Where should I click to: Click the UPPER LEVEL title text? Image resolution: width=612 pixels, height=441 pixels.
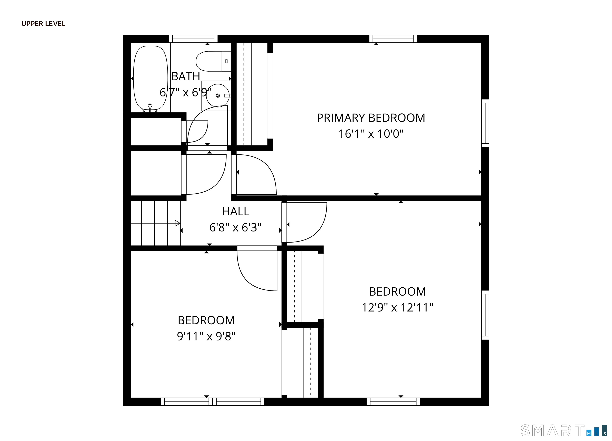[43, 24]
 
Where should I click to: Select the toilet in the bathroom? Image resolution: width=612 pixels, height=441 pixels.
[213, 61]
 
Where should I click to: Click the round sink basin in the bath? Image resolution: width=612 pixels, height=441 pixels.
[218, 95]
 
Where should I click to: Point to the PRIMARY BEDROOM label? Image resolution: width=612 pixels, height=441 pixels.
[371, 118]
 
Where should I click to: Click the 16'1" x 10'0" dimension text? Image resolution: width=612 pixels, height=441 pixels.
[371, 134]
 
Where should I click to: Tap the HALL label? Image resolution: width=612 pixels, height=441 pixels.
[235, 212]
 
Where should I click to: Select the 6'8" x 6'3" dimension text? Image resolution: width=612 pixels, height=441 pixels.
[235, 227]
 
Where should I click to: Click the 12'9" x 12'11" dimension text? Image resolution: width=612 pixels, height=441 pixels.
[397, 307]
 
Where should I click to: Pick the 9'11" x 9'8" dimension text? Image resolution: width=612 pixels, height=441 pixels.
[206, 336]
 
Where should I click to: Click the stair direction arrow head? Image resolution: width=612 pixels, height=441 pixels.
[177, 223]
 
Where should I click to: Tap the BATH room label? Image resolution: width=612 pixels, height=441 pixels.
[186, 76]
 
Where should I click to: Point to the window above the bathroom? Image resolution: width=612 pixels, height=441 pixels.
[193, 39]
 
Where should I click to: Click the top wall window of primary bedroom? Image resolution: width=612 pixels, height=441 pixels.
[393, 39]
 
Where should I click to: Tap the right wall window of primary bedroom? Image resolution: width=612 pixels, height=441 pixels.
[485, 123]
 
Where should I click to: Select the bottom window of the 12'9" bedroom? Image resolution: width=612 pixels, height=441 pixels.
[393, 402]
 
